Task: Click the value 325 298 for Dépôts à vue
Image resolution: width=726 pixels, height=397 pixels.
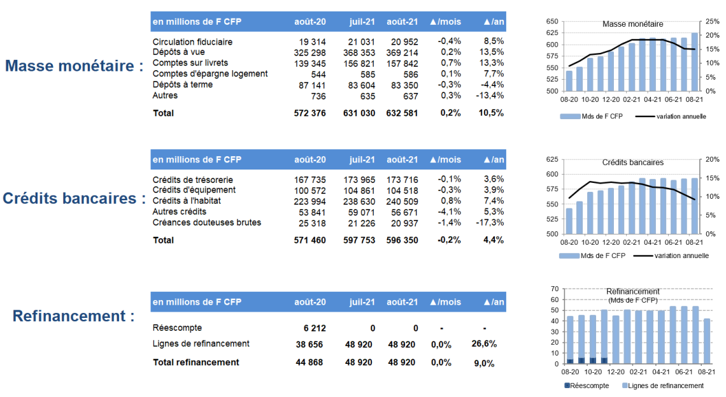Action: pyautogui.click(x=310, y=53)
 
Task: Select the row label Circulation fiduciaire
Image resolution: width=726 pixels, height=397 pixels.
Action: pyautogui.click(x=192, y=41)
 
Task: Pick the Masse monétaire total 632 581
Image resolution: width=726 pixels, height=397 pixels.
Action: pyautogui.click(x=402, y=113)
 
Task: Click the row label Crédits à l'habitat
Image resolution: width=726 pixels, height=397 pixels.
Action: pyautogui.click(x=187, y=201)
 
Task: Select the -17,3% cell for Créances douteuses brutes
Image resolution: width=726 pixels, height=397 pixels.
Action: pyautogui.click(x=490, y=222)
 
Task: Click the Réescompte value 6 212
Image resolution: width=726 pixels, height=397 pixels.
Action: pyautogui.click(x=315, y=328)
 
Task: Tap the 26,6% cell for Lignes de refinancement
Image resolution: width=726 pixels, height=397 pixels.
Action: pyautogui.click(x=484, y=343)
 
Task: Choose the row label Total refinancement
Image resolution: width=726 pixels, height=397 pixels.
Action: pyautogui.click(x=196, y=362)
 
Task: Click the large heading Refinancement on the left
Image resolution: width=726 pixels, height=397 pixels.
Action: pyautogui.click(x=69, y=316)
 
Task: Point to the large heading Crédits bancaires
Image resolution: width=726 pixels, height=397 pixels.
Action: pyautogui.click(x=69, y=198)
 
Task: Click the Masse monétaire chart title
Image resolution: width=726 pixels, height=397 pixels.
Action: pyautogui.click(x=632, y=24)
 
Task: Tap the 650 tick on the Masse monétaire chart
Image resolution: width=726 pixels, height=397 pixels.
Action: pyautogui.click(x=552, y=21)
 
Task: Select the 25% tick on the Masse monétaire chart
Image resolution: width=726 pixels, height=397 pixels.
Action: pyautogui.click(x=712, y=21)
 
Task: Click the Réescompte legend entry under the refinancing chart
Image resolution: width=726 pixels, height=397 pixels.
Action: pyautogui.click(x=587, y=386)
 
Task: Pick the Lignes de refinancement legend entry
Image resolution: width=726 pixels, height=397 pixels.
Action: pyautogui.click(x=663, y=386)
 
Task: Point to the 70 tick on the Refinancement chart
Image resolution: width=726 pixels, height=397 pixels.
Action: pyautogui.click(x=555, y=289)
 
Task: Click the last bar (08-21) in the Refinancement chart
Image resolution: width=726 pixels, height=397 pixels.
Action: pyautogui.click(x=706, y=341)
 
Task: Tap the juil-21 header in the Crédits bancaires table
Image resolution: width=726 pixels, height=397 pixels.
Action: pyautogui.click(x=362, y=159)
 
